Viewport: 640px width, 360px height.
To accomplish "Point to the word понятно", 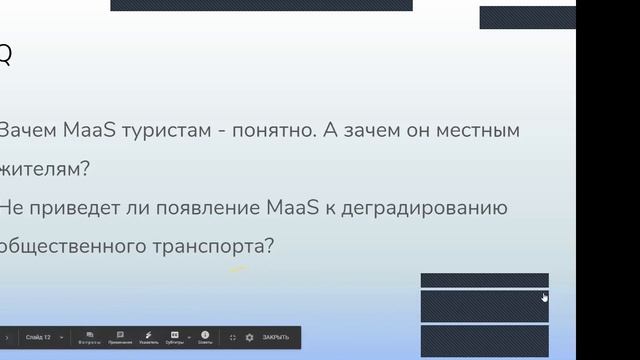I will coord(269,131).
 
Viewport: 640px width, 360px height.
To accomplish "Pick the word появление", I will coord(190,208).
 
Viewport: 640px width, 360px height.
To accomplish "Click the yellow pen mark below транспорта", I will coord(238,268).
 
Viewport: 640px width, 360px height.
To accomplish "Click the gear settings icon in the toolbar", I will coord(249,337).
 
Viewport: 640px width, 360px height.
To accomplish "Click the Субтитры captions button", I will coord(175,337).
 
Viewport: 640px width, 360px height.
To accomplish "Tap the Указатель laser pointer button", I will coord(148,337).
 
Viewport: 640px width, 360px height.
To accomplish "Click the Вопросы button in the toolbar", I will coord(90,337).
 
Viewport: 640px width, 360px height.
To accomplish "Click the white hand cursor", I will coord(545,297).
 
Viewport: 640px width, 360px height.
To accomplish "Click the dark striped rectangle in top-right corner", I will coord(527,17).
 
